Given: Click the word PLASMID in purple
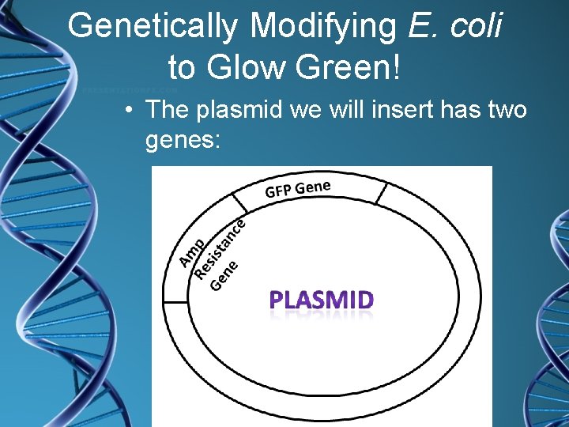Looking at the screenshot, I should pos(322,300).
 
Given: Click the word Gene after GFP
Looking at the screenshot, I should pos(315,186).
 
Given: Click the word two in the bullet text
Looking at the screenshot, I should pos(503,110).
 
